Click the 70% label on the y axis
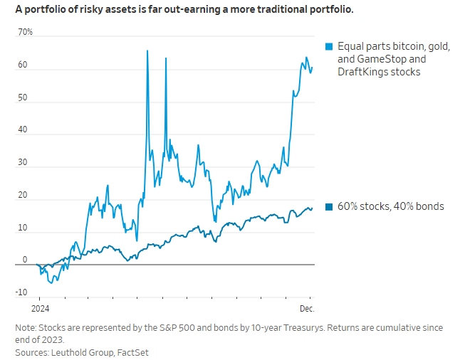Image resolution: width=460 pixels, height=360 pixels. click(x=26, y=33)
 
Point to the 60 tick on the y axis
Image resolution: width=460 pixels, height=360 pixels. click(x=23, y=65)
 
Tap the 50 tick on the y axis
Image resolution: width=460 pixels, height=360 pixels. click(x=23, y=97)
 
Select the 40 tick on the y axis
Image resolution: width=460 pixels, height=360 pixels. click(x=23, y=130)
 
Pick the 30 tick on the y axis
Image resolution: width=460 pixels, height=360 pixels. click(x=23, y=163)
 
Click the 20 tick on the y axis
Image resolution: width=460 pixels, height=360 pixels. click(x=23, y=196)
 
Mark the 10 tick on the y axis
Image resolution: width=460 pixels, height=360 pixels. click(x=23, y=228)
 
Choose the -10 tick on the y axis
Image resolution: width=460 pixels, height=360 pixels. click(x=21, y=292)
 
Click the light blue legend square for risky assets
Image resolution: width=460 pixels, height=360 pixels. click(x=328, y=46)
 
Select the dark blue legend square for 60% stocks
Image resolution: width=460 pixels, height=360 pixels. click(x=328, y=207)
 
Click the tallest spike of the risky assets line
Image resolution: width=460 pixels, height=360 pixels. click(x=147, y=51)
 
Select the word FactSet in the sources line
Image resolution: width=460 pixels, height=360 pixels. click(x=133, y=351)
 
